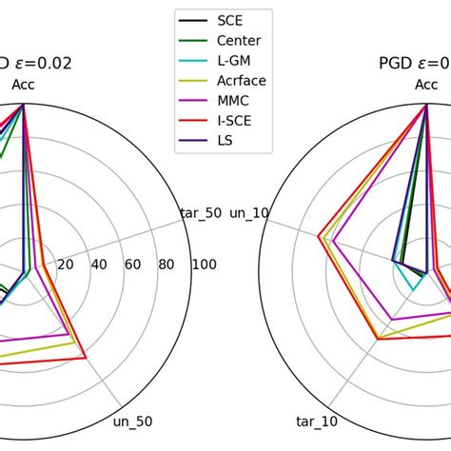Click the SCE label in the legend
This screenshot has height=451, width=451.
(x=229, y=20)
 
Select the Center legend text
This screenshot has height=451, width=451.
(x=238, y=40)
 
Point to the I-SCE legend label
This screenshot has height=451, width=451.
(x=235, y=121)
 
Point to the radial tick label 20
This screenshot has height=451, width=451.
(x=66, y=264)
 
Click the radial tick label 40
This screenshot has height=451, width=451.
(x=99, y=264)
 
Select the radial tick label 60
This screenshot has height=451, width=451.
(x=132, y=264)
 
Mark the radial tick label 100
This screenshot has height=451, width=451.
(x=203, y=264)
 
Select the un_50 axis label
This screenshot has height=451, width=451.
(x=132, y=421)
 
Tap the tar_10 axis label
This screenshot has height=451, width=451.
(x=317, y=421)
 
